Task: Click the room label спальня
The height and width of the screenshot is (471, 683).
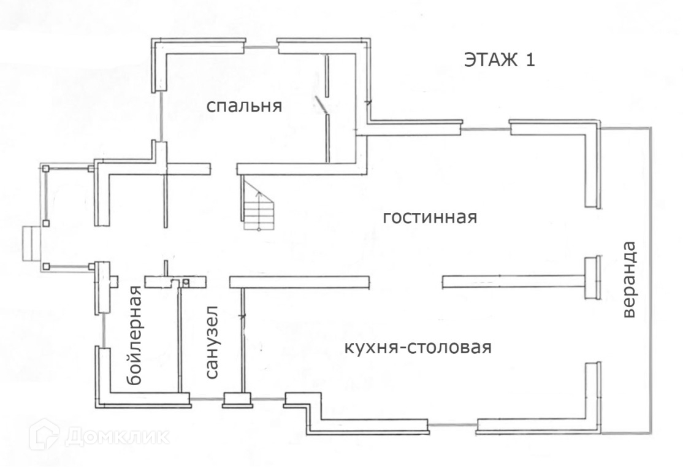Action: (243, 106)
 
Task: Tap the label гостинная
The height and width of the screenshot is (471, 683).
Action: (429, 218)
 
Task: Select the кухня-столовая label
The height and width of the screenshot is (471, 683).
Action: (418, 348)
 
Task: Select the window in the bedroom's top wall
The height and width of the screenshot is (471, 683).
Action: (262, 46)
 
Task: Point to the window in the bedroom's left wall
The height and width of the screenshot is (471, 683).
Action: (161, 117)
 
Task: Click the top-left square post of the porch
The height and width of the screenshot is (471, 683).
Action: (45, 167)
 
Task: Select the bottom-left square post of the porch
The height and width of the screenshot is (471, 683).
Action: (46, 266)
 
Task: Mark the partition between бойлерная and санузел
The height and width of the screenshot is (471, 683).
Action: (179, 337)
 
